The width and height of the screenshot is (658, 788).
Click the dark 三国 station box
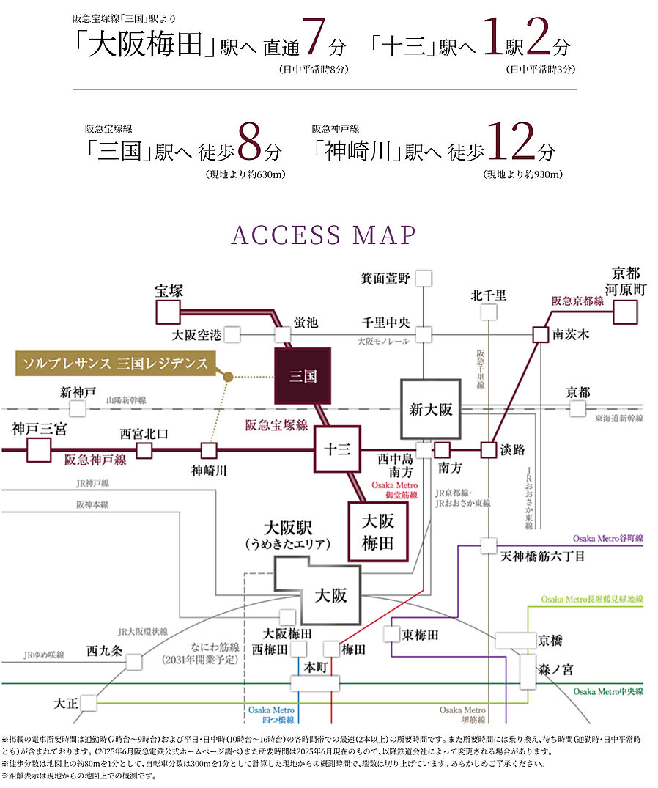pyautogui.click(x=302, y=376)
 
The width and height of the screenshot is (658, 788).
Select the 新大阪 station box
pyautogui.click(x=430, y=409)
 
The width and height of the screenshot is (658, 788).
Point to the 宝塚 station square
pyautogui.click(x=169, y=312)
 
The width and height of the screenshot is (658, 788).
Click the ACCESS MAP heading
pyautogui.click(x=323, y=235)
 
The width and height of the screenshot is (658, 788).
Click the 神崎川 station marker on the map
pyautogui.click(x=209, y=450)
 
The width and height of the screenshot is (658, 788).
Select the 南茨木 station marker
pyautogui.click(x=540, y=334)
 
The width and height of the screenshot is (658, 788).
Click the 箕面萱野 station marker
pyautogui.click(x=424, y=278)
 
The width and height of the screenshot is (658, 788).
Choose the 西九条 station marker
pyautogui.click(x=134, y=662)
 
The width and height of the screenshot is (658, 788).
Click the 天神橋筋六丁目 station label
pyautogui.click(x=543, y=556)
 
